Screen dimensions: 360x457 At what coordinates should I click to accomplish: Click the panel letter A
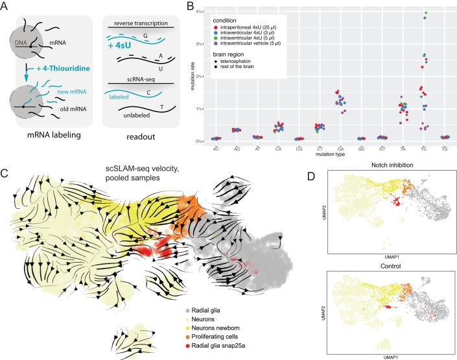click(x=5, y=6)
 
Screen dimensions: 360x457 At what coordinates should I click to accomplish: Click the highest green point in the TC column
click(x=424, y=13)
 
